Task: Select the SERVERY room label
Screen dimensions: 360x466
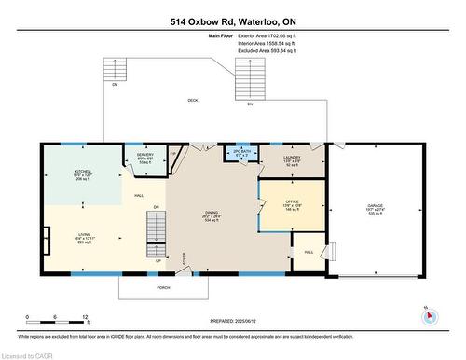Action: (x=145, y=155)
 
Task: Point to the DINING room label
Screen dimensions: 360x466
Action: (x=212, y=215)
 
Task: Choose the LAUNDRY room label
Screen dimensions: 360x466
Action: (x=293, y=158)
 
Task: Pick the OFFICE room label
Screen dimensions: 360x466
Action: (x=293, y=201)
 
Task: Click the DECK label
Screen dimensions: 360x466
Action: (x=193, y=100)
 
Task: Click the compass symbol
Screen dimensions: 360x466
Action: (x=428, y=314)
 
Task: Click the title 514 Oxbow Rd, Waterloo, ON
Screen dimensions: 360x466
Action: (x=233, y=20)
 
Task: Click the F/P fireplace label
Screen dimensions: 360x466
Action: (x=173, y=153)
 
